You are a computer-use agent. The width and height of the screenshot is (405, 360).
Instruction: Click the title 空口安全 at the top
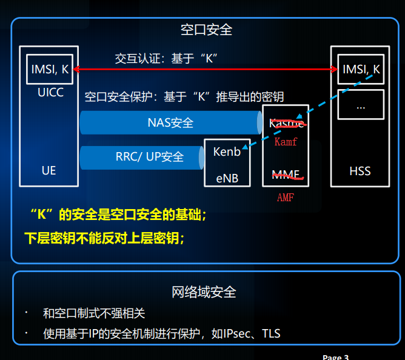[206, 29]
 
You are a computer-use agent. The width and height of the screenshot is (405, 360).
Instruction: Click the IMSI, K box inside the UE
[50, 70]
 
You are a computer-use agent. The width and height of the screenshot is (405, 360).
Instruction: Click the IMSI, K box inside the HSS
[361, 70]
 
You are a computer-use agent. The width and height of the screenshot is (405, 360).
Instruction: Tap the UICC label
[50, 93]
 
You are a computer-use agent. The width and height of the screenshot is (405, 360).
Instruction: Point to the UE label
[49, 170]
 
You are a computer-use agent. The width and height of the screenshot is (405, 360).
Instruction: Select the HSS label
[360, 171]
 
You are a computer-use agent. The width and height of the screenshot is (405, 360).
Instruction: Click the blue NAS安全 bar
[170, 122]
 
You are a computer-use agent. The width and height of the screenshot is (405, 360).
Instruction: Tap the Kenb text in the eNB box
[227, 152]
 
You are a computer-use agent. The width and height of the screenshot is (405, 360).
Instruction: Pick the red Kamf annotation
[286, 142]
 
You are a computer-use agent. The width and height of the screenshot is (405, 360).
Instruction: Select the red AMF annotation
[286, 197]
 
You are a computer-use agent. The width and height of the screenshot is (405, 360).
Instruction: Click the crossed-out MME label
[286, 175]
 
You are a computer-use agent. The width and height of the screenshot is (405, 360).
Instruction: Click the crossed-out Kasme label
[286, 124]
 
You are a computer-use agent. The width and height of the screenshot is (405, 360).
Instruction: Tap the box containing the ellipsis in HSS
[361, 105]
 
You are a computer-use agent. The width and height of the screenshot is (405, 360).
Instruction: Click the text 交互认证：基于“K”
[166, 58]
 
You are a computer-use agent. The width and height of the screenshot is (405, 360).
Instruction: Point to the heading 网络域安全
[204, 292]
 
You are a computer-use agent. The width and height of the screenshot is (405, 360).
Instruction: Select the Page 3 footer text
[335, 357]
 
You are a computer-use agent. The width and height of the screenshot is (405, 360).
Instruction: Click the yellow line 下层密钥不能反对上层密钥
[104, 238]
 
